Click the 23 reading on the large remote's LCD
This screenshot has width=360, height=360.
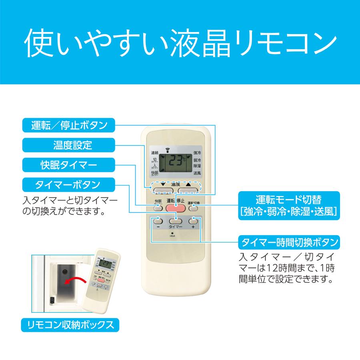[175, 162]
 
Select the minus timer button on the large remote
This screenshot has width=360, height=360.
[157, 220]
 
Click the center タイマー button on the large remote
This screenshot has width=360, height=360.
[175, 220]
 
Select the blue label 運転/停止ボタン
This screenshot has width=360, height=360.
[69, 125]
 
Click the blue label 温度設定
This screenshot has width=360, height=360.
[69, 145]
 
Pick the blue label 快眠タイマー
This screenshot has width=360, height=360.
[69, 164]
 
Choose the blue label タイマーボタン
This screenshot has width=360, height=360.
[69, 184]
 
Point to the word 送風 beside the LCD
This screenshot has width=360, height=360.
[197, 173]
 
